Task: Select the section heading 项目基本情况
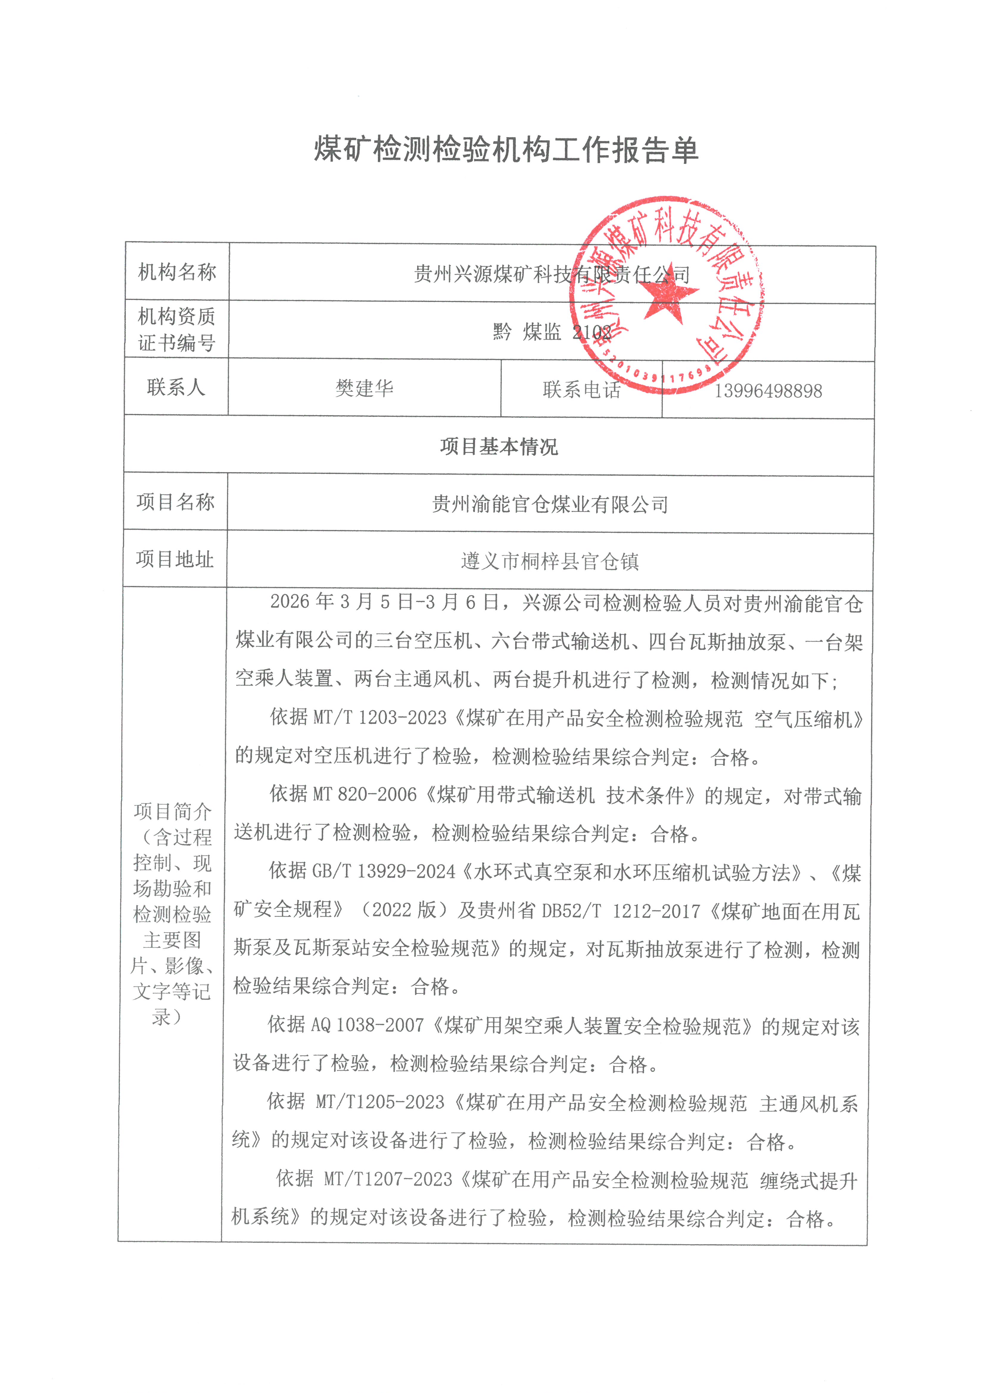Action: tap(499, 446)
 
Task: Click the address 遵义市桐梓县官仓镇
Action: tap(550, 561)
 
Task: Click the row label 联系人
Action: tap(176, 387)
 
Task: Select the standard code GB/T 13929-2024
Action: tap(384, 872)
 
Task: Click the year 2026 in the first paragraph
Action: tap(290, 602)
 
